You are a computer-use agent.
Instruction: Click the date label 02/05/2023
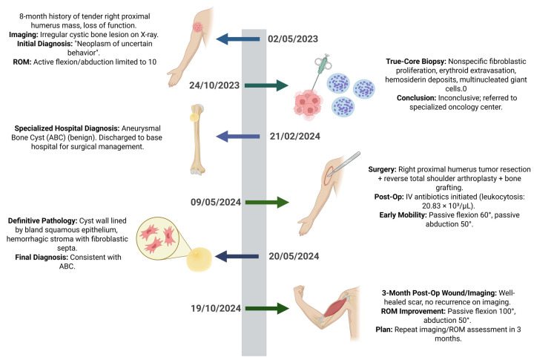[x=293, y=39]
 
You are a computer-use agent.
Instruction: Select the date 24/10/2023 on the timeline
[x=214, y=85]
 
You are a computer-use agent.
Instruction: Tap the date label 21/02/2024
[x=295, y=137]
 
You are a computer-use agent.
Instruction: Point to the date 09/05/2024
[x=216, y=202]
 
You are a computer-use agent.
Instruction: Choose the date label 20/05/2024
[x=294, y=256]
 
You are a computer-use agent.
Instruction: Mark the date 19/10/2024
[x=216, y=309]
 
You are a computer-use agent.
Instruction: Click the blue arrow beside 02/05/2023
[x=238, y=39]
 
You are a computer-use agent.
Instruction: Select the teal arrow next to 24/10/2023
[x=267, y=85]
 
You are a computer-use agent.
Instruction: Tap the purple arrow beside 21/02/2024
[x=238, y=137]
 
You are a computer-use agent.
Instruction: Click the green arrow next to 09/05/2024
[x=267, y=202]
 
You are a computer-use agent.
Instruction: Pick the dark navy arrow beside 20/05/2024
[x=237, y=256]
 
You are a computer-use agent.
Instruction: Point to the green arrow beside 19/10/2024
[x=267, y=309]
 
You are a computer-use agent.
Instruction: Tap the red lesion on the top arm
[x=197, y=27]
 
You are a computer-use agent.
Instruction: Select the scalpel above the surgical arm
[x=343, y=163]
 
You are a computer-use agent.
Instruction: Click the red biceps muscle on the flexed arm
[x=336, y=307]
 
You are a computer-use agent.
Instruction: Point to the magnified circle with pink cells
[x=158, y=237]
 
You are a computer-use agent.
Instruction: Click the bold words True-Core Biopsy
[x=416, y=62]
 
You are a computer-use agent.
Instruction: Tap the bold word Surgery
[x=382, y=169]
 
